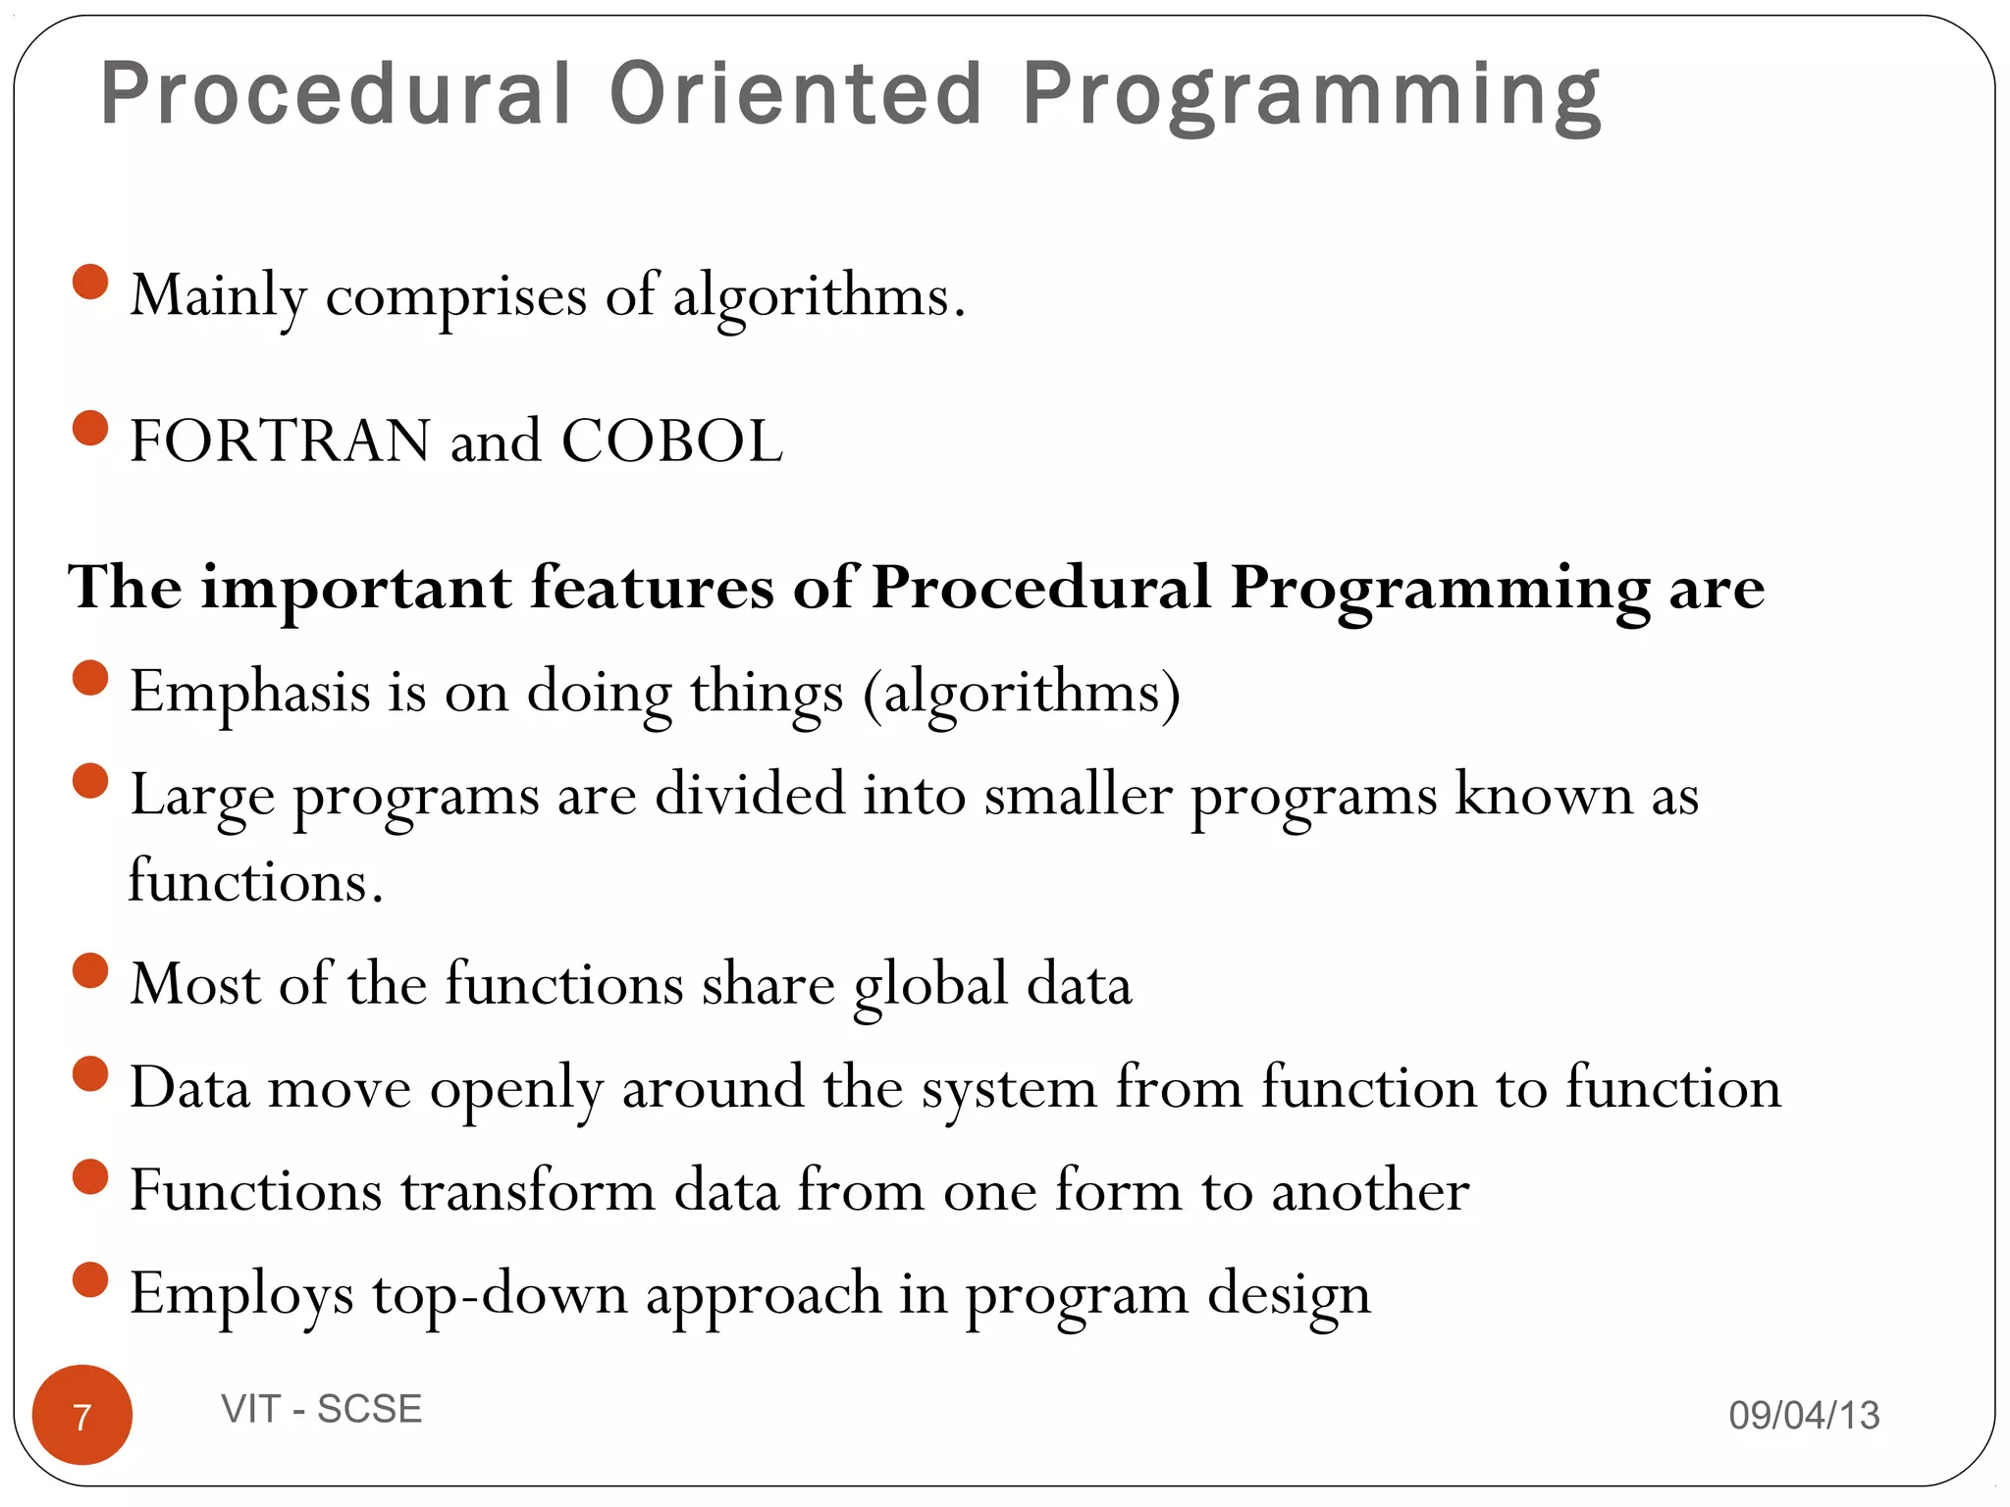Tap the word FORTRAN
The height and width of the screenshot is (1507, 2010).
pyautogui.click(x=280, y=441)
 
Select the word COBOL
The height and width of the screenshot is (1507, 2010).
pyautogui.click(x=671, y=441)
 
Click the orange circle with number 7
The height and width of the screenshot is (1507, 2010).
pyautogui.click(x=82, y=1415)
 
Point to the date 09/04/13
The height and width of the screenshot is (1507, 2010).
pyautogui.click(x=1804, y=1415)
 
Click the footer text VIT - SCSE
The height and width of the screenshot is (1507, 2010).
pyautogui.click(x=322, y=1409)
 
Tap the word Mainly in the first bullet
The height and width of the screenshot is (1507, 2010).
pyautogui.click(x=218, y=295)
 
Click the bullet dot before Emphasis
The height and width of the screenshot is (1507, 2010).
pyautogui.click(x=90, y=678)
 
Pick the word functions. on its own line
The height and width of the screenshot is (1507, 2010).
pyautogui.click(x=255, y=880)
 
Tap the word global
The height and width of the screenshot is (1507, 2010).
pyautogui.click(x=930, y=984)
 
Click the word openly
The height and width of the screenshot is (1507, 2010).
pyautogui.click(x=516, y=1089)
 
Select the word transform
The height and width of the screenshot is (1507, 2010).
pyautogui.click(x=527, y=1191)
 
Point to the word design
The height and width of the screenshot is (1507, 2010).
pyautogui.click(x=1288, y=1295)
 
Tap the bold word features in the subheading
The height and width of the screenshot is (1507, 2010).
pyautogui.click(x=653, y=588)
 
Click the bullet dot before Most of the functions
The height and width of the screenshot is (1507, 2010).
pyautogui.click(x=90, y=970)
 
